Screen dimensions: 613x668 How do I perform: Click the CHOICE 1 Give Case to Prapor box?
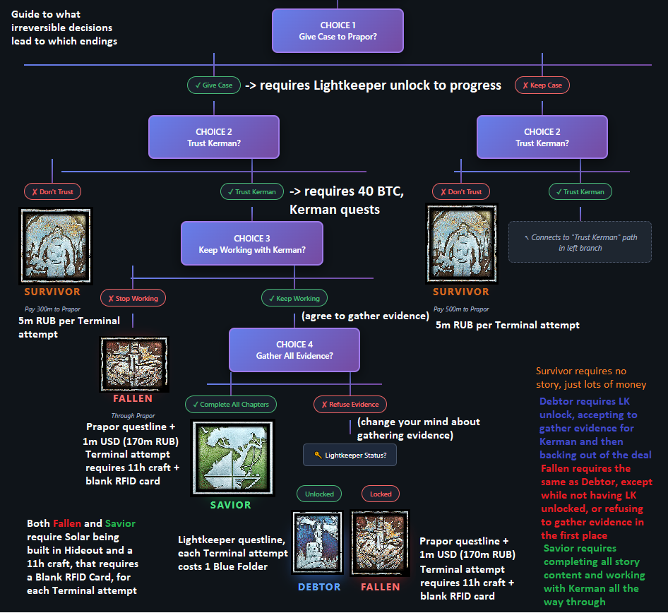pyautogui.click(x=338, y=30)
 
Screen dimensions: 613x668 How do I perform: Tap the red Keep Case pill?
pyautogui.click(x=542, y=85)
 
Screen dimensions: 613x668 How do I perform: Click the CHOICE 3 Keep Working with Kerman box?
pyautogui.click(x=251, y=244)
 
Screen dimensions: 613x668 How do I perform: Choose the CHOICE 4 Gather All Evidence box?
pyautogui.click(x=294, y=350)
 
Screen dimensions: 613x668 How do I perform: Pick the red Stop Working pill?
pyautogui.click(x=133, y=298)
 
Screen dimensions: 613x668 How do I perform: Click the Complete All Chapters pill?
pyautogui.click(x=230, y=405)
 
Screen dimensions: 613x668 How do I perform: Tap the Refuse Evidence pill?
pyautogui.click(x=350, y=405)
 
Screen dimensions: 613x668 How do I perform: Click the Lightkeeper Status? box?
pyautogui.click(x=350, y=456)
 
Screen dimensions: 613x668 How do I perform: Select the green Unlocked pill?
pyautogui.click(x=319, y=494)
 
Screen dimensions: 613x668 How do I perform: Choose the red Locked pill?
pyautogui.click(x=380, y=494)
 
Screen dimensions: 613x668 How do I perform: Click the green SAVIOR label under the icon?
pyautogui.click(x=230, y=506)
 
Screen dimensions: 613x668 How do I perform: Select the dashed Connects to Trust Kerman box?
pyautogui.click(x=580, y=243)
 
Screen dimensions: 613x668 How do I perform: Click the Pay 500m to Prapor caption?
pyautogui.click(x=461, y=309)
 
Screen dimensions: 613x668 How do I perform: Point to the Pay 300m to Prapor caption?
pyautogui.click(x=52, y=309)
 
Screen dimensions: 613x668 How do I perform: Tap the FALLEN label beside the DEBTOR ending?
pyautogui.click(x=380, y=587)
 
